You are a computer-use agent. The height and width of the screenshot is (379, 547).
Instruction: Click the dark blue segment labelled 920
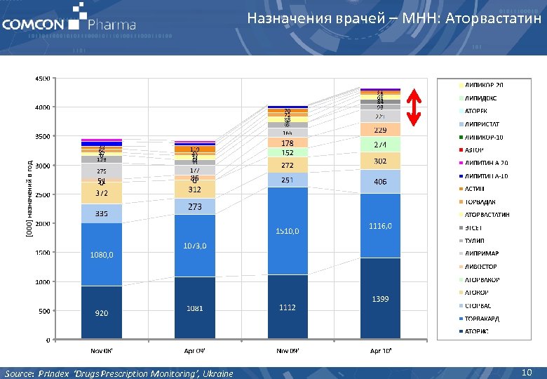point(102,313)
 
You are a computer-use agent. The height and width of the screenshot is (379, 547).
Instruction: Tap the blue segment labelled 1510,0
point(288,231)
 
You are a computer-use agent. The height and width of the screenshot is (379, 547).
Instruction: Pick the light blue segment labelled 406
point(381,182)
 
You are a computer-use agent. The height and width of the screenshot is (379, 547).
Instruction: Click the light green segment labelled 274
point(381,144)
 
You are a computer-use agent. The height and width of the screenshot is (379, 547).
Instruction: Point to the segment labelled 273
point(194,207)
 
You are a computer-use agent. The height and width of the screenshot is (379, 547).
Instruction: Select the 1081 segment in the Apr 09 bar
point(194,308)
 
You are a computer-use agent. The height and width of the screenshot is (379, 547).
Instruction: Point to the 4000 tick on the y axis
point(43,107)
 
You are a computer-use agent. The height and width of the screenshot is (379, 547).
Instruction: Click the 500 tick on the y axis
point(44,311)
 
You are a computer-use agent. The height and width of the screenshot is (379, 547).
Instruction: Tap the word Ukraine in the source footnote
point(217,373)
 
